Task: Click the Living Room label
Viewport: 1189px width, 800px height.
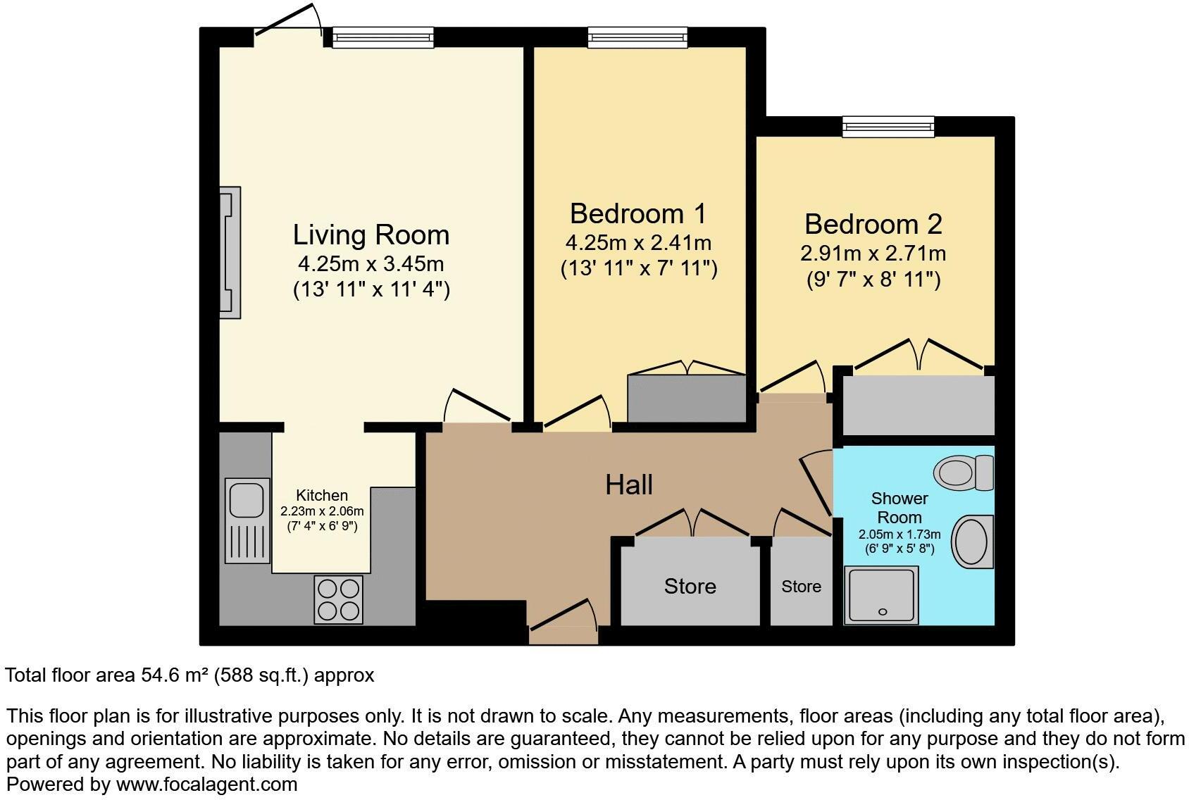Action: click(x=371, y=235)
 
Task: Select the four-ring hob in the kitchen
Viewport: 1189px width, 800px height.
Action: click(x=338, y=599)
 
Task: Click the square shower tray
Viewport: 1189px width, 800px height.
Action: click(x=882, y=596)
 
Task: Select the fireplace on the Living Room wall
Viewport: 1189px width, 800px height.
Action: click(x=230, y=252)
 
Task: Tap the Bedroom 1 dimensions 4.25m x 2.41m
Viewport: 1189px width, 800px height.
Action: click(x=638, y=243)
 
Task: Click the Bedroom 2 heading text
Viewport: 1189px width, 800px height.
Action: click(x=873, y=224)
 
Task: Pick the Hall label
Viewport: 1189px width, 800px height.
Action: click(x=629, y=485)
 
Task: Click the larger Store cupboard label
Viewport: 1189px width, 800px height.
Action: click(x=690, y=586)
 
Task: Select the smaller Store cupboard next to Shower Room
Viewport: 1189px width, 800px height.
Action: click(x=801, y=586)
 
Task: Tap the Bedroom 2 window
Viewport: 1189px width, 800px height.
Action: click(x=889, y=127)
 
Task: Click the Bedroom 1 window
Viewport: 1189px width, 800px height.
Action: click(x=637, y=37)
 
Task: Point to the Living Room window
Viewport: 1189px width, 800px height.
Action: click(x=382, y=37)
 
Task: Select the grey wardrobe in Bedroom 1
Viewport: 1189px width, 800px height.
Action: click(x=686, y=399)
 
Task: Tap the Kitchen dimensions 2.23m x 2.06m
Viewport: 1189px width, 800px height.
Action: click(x=322, y=511)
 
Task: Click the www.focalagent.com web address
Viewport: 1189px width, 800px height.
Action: click(x=206, y=784)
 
